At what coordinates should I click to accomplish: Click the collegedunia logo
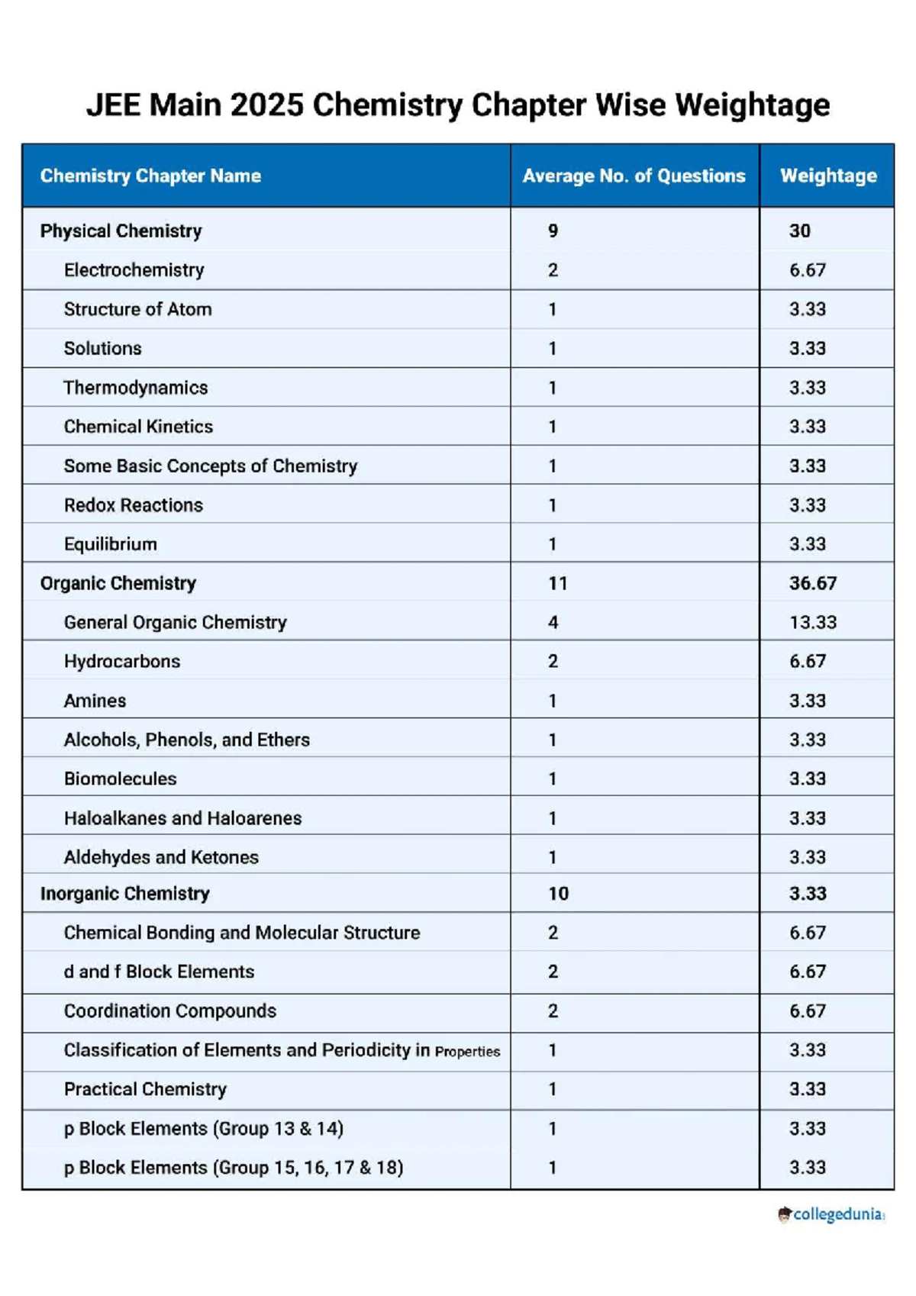click(831, 1214)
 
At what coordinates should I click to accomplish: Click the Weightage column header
click(828, 176)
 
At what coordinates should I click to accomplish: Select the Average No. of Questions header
click(634, 176)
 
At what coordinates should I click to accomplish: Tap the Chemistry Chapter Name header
click(150, 176)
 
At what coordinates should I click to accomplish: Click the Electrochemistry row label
click(134, 270)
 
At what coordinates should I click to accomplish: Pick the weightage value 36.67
click(813, 583)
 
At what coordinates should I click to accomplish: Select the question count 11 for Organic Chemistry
click(558, 583)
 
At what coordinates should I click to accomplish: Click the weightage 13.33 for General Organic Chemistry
click(813, 623)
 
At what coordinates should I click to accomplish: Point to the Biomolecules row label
click(120, 779)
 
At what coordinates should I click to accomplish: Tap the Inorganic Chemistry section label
click(124, 894)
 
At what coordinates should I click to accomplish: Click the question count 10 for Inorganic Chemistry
click(558, 894)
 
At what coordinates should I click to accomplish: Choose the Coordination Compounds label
click(169, 1011)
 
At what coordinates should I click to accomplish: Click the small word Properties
click(467, 1052)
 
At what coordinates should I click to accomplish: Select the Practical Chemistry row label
click(145, 1090)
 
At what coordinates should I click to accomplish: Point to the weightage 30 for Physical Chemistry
click(800, 231)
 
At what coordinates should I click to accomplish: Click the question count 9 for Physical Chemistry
click(553, 231)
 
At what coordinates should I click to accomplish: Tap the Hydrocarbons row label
click(122, 662)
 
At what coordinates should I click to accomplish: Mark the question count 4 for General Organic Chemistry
click(553, 623)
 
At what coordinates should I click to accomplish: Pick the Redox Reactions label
click(134, 505)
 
